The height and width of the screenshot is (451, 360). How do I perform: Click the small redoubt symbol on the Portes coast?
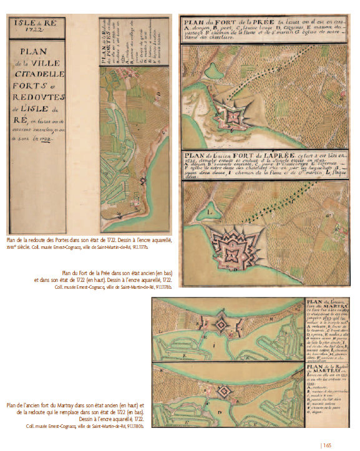click(143, 181)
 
